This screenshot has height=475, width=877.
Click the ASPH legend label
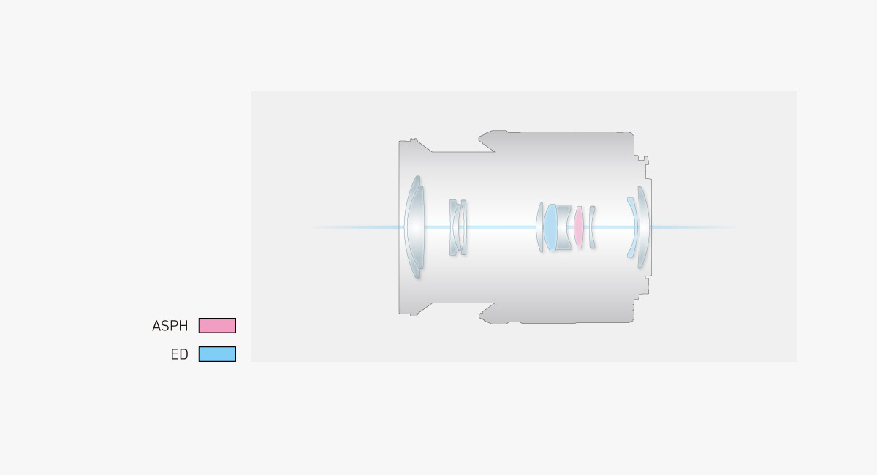click(170, 326)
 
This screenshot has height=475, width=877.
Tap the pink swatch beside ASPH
click(217, 325)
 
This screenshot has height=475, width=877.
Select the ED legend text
click(180, 354)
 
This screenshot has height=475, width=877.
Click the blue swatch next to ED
click(217, 354)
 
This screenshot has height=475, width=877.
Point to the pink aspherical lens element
click(579, 227)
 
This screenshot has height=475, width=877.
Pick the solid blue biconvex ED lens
click(550, 227)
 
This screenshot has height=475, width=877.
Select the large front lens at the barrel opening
click(414, 227)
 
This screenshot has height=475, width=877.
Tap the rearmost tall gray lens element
click(644, 227)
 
